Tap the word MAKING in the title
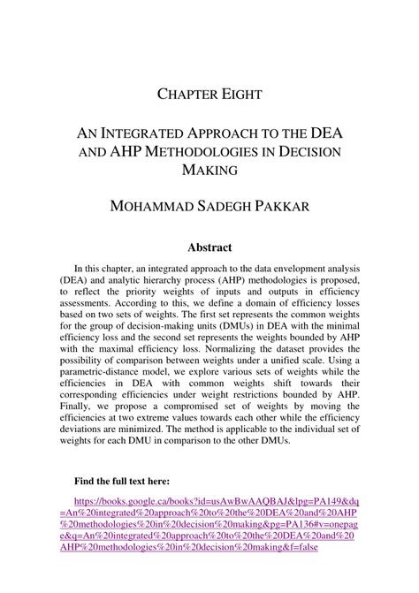(x=209, y=170)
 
